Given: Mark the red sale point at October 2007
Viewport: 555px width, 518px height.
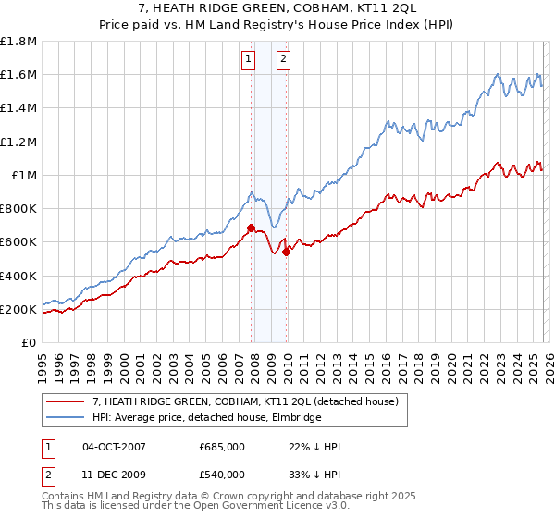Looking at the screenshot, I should tap(251, 228).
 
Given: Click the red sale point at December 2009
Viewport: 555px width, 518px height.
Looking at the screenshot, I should tap(287, 252).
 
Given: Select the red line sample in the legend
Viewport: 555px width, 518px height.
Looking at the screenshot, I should tap(66, 401).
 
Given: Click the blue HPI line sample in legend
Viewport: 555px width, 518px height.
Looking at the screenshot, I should tap(66, 418).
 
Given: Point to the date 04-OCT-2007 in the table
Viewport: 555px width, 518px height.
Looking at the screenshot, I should tap(114, 447).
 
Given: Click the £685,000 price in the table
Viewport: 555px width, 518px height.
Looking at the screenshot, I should tap(221, 447).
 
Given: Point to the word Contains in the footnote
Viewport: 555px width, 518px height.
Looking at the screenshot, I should tap(63, 498).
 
